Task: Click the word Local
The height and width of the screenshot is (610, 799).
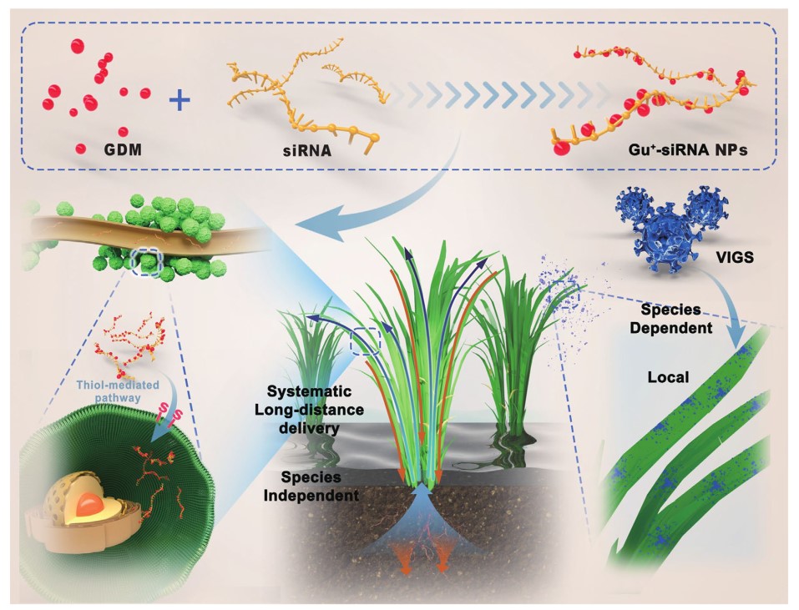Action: tap(669, 377)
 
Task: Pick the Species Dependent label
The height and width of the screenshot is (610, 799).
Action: tap(679, 320)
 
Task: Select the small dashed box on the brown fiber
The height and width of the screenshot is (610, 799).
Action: tap(147, 261)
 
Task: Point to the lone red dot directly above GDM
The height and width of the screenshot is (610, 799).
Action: tap(122, 131)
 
